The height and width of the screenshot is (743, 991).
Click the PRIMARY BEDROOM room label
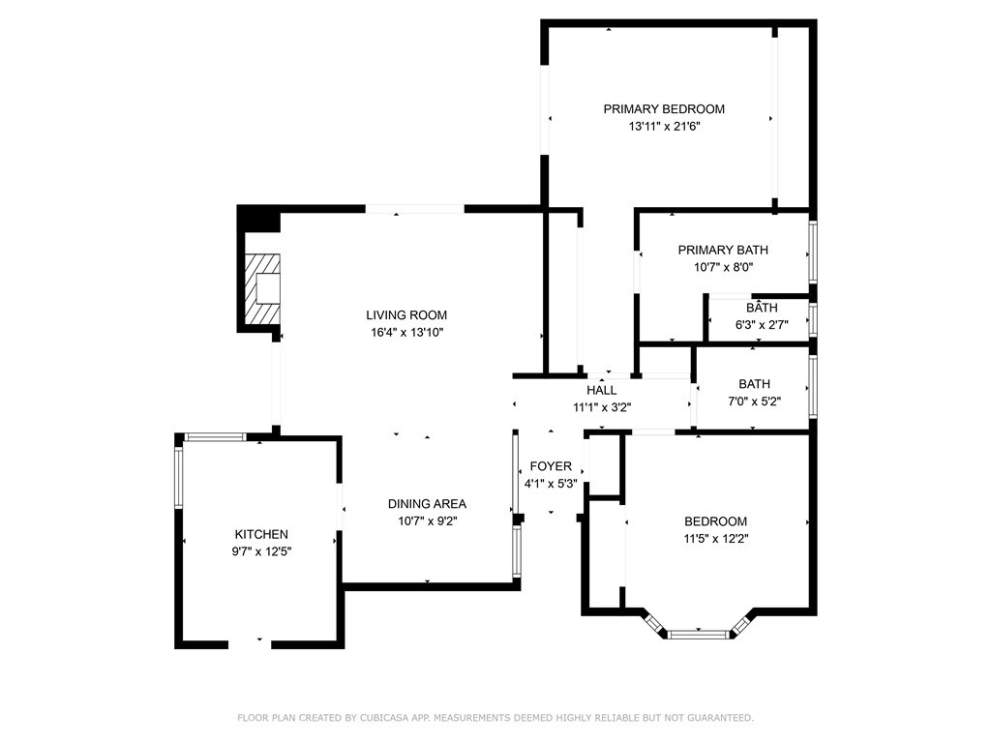coord(664,108)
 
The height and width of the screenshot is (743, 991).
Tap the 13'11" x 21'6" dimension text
coord(664,127)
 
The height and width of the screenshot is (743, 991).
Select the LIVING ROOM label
coord(406,314)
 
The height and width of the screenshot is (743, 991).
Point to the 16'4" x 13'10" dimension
coord(407,333)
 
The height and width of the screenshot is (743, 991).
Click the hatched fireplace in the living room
coord(262,288)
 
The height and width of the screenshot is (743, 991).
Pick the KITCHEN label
coord(261,534)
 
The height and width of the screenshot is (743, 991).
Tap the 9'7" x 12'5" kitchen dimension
coord(261,551)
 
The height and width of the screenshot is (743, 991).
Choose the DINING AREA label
coord(427,503)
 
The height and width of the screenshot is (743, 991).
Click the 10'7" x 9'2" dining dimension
coord(427,521)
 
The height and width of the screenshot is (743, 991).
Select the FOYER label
coord(551,466)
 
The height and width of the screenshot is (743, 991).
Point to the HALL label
coord(602,390)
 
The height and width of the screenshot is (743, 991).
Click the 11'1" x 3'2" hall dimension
coord(602,407)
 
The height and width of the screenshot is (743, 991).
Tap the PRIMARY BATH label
coord(723,250)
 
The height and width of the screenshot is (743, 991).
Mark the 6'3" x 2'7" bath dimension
coord(762,325)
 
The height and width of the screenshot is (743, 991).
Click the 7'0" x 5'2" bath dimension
coord(755,401)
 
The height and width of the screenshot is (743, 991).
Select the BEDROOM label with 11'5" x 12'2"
coord(715,521)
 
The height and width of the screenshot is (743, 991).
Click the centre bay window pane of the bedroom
coord(699,634)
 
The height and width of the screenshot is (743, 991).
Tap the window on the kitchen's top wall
coord(215,436)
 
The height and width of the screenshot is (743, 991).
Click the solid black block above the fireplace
coord(257,219)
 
